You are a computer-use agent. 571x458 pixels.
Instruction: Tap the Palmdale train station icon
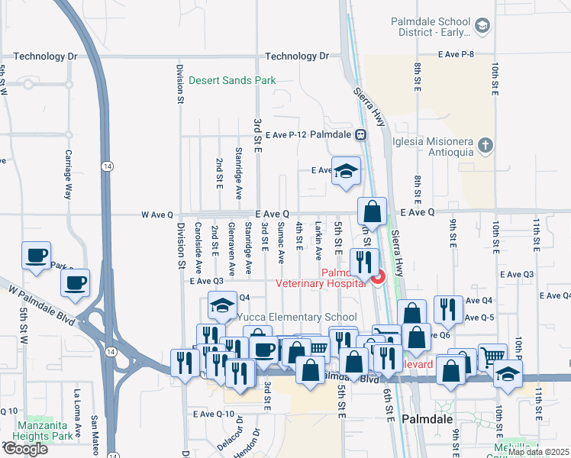pos(360,134)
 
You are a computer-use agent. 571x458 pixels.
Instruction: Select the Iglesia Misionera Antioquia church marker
pos(484,145)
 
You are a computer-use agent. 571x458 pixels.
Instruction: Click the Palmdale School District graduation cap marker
pos(482,27)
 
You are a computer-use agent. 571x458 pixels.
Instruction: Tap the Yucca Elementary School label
pos(296,318)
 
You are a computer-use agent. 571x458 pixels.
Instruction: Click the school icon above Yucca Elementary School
pos(222,306)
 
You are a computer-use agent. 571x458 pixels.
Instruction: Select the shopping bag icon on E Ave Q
pos(372,210)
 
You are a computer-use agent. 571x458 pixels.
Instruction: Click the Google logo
pos(24,448)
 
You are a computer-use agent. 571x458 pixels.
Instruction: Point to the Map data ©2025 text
pos(538,452)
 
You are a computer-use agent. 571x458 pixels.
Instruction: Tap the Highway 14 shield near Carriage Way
pos(101,165)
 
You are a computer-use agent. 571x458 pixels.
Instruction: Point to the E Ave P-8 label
pos(456,54)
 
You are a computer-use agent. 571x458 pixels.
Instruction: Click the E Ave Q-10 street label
pos(213,414)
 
